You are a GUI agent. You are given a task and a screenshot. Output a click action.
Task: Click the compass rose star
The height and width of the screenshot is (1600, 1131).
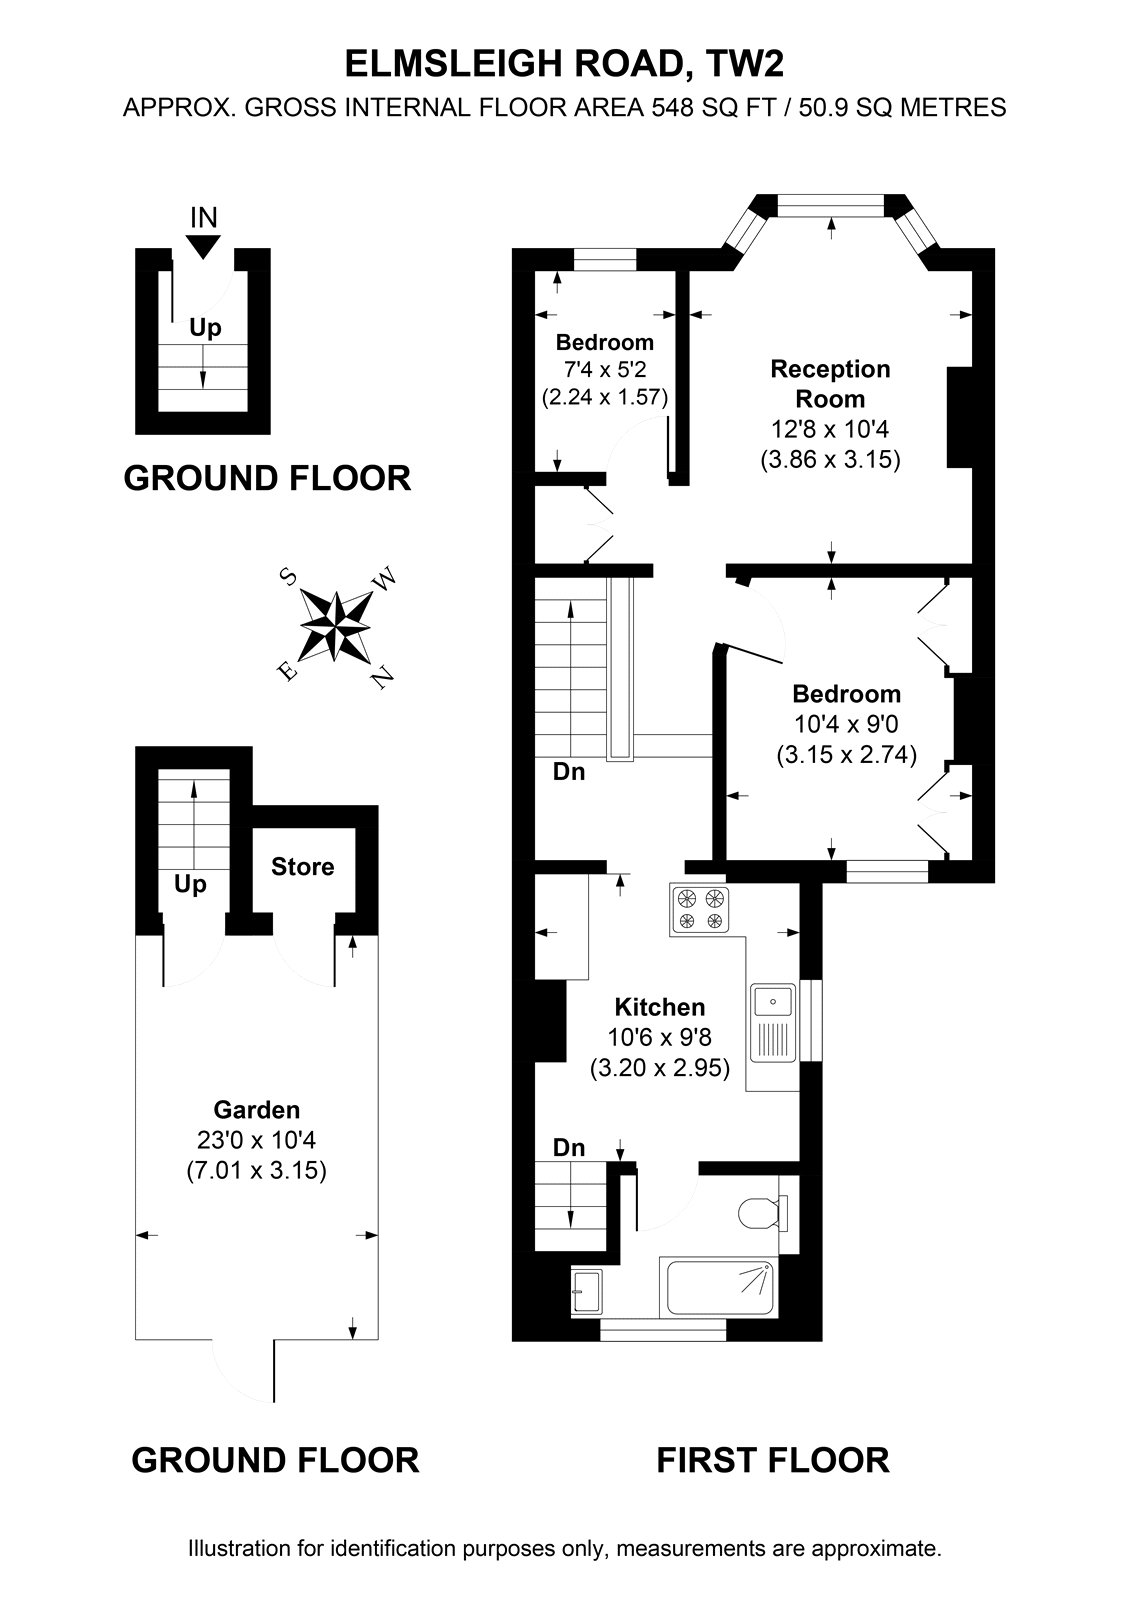[336, 626]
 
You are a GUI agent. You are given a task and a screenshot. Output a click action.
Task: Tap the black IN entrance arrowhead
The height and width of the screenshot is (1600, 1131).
[204, 246]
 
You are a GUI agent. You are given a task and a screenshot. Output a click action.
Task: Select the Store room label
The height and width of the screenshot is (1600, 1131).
[302, 866]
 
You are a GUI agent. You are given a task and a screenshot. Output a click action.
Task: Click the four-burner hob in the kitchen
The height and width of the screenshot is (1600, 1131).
[700, 909]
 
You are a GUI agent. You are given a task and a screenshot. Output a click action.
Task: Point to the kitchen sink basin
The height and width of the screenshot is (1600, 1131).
[772, 1000]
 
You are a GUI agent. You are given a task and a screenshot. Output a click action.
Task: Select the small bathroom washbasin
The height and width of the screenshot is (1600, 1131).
[587, 1291]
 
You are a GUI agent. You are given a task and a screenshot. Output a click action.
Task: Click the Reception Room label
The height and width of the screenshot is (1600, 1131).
[830, 384]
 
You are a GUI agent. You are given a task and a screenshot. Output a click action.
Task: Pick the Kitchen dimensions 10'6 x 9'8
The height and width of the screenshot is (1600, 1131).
[659, 1036]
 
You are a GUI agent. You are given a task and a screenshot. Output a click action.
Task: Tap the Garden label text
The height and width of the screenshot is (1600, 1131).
[256, 1109]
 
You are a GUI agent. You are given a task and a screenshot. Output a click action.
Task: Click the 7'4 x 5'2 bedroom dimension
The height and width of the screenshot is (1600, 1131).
[604, 369]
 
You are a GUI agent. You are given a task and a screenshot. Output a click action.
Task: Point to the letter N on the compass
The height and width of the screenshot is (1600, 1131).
[383, 676]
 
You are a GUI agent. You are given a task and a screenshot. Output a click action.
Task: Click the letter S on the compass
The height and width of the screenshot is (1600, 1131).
[288, 576]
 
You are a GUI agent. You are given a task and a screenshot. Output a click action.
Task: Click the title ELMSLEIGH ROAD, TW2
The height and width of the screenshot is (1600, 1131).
[564, 64]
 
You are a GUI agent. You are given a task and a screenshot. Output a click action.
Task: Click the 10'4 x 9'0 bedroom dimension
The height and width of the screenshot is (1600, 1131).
[847, 724]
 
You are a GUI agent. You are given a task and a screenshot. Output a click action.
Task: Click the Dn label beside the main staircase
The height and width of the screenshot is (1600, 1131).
[569, 771]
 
